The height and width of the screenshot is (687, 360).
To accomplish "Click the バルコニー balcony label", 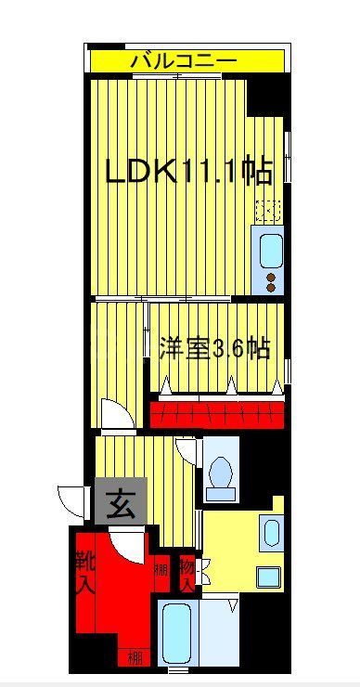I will (183, 61).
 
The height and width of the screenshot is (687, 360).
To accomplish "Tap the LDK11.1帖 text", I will (187, 172).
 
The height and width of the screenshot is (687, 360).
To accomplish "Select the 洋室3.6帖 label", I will (214, 349).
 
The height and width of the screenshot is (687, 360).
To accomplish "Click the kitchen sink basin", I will (270, 251).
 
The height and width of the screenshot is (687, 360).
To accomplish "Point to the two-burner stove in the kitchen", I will (271, 280).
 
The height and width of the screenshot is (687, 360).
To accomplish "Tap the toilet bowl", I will (221, 473).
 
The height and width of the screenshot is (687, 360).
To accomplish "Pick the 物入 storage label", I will (186, 573).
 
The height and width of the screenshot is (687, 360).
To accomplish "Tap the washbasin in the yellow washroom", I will (270, 533).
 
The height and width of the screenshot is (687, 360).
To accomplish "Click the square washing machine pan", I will (269, 576).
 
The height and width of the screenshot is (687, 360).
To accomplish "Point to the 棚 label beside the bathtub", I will (135, 658).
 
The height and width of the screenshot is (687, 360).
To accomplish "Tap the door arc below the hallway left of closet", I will (115, 414).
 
